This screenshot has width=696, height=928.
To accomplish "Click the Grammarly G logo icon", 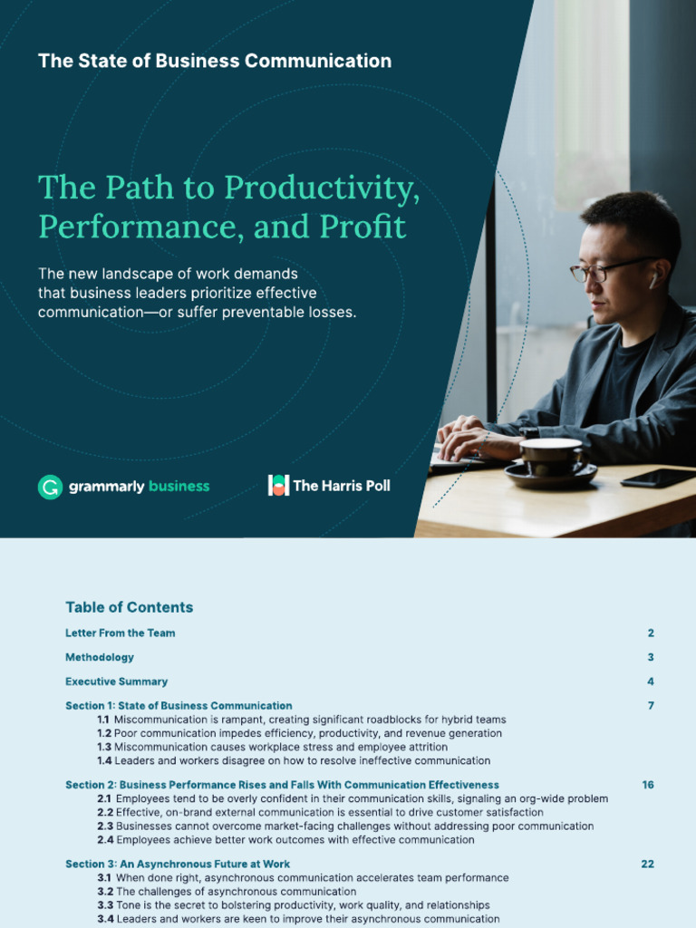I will click(x=50, y=487).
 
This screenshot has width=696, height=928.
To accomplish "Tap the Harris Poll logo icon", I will click(x=278, y=485).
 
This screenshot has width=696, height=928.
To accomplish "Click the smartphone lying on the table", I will click(x=658, y=478).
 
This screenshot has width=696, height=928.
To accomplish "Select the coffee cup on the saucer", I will click(x=550, y=456).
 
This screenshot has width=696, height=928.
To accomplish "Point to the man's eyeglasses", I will click(x=603, y=269).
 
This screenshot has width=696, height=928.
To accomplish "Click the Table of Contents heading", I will click(x=129, y=607).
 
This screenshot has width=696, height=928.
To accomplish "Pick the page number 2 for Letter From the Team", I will click(x=651, y=633).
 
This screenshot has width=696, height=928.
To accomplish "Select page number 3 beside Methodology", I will click(x=651, y=657).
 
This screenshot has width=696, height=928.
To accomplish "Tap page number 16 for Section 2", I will click(x=648, y=785).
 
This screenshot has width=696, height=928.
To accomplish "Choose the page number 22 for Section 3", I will click(x=647, y=865).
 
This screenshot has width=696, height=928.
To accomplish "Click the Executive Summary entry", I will click(x=116, y=681).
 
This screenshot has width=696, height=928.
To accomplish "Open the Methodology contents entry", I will click(x=100, y=657).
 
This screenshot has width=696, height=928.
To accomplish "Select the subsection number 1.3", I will click(x=104, y=747).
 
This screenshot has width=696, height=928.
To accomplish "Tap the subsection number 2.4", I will click(x=104, y=840).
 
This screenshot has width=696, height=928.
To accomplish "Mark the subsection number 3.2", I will click(x=104, y=892).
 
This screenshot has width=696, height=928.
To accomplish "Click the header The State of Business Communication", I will click(x=215, y=61).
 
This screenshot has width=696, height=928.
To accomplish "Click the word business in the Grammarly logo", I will click(x=179, y=487).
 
